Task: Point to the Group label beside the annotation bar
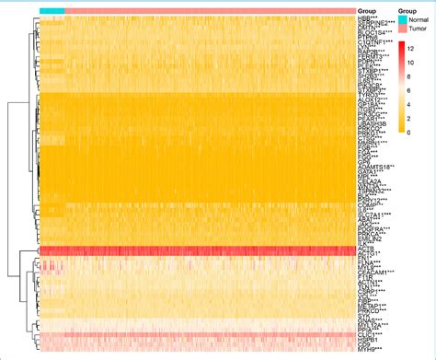point(366,11)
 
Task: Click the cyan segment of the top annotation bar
point(52,11)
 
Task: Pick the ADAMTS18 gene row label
point(376,167)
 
